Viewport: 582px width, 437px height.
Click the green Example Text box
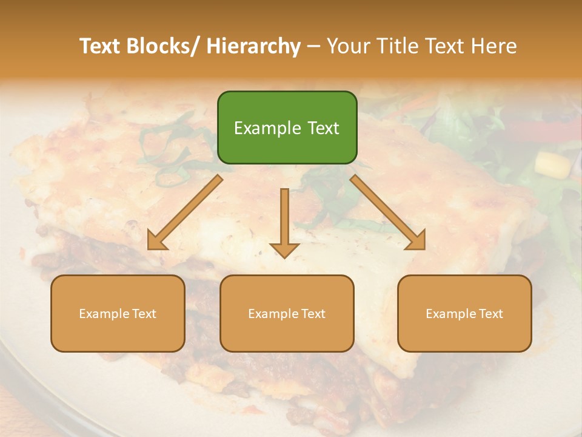click(287, 127)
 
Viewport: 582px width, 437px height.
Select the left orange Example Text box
click(118, 313)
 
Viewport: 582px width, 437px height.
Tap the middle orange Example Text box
click(287, 313)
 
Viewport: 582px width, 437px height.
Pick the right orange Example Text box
click(464, 313)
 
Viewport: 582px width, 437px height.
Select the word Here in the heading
click(493, 46)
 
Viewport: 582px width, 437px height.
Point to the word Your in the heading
click(349, 46)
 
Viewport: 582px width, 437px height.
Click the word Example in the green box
click(263, 128)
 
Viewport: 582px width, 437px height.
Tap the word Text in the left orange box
click(144, 314)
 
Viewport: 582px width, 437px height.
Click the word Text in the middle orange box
click(313, 314)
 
